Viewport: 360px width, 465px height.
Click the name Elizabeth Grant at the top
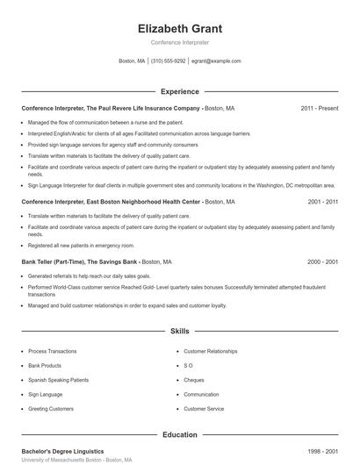(x=180, y=28)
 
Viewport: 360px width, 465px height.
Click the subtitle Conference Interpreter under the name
(x=180, y=42)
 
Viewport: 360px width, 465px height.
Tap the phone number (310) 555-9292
(x=169, y=61)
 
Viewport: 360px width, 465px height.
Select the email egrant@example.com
(x=217, y=61)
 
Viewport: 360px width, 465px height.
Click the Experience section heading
(x=180, y=91)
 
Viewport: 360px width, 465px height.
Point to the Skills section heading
(x=180, y=332)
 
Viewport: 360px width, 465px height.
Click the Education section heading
(x=180, y=434)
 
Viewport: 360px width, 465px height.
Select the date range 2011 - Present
(x=319, y=108)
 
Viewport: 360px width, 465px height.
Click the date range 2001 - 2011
(x=323, y=202)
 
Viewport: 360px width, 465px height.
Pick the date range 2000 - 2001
(x=323, y=261)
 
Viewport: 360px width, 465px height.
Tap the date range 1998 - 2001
(x=323, y=451)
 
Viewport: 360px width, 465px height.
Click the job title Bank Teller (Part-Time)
(x=55, y=261)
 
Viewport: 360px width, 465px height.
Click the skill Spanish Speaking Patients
(x=57, y=379)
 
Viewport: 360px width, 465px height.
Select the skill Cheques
(x=194, y=379)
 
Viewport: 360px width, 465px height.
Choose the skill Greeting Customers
(x=50, y=409)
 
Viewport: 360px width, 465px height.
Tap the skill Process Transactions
(x=52, y=349)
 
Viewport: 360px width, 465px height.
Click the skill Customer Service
(x=204, y=409)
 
